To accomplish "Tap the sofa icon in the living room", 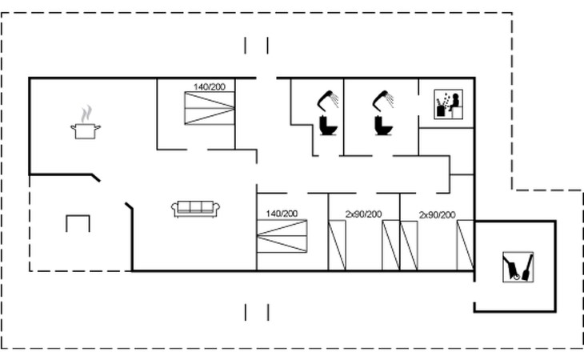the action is pyautogui.click(x=195, y=209).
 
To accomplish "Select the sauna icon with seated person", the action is pyautogui.click(x=449, y=104).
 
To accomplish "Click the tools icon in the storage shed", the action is pyautogui.click(x=518, y=267).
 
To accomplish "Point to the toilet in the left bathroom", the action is pyautogui.click(x=328, y=126).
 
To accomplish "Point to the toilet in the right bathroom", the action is pyautogui.click(x=383, y=126).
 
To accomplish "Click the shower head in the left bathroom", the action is pyautogui.click(x=328, y=100).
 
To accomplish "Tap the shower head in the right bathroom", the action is pyautogui.click(x=383, y=100).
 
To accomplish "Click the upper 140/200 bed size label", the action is pyautogui.click(x=210, y=86).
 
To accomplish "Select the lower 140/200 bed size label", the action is pyautogui.click(x=282, y=214).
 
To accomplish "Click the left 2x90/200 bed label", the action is pyautogui.click(x=363, y=214).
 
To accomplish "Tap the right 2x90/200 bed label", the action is pyautogui.click(x=438, y=215).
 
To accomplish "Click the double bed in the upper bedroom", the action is pyautogui.click(x=210, y=108).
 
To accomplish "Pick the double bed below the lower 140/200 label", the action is pyautogui.click(x=282, y=236).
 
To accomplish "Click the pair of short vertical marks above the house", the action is pyautogui.click(x=257, y=46).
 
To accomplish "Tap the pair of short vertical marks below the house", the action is pyautogui.click(x=257, y=312).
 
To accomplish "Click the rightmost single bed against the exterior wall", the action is pyautogui.click(x=466, y=245).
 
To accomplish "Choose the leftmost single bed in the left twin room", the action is pyautogui.click(x=337, y=245).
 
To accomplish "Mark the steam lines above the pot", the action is pyautogui.click(x=86, y=114).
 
